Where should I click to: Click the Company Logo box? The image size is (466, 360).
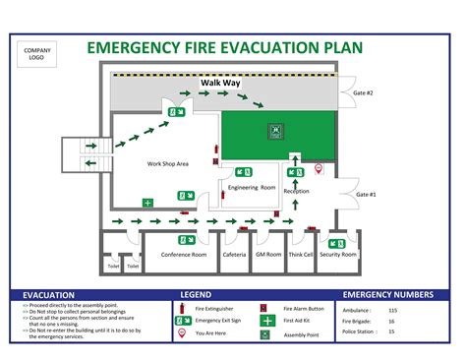(37, 54)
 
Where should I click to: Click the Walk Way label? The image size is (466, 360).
(220, 84)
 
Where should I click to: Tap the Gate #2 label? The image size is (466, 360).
(363, 92)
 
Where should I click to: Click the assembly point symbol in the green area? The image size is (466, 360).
(277, 129)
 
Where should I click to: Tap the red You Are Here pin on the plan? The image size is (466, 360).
(318, 171)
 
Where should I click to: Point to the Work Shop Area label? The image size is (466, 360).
(167, 163)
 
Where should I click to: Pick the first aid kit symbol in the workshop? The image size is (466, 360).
(147, 203)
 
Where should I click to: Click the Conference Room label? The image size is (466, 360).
(184, 255)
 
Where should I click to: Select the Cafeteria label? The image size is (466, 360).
(234, 255)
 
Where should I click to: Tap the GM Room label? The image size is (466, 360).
(268, 255)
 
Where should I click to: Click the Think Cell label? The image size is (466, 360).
(301, 255)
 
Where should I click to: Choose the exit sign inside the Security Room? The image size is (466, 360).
(336, 242)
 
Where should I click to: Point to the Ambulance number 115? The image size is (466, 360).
(421, 311)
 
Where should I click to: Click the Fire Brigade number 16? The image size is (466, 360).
(419, 322)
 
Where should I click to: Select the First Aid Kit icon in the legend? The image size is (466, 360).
(266, 321)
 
